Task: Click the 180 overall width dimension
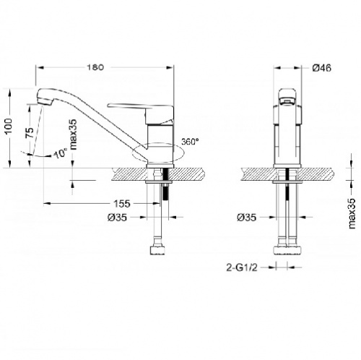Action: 95,67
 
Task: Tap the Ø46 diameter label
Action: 322,68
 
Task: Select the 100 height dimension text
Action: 9,127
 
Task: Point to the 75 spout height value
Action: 30,132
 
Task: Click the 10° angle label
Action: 61,153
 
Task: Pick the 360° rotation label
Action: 191,142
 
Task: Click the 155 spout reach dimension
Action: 122,204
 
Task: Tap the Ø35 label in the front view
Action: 247,218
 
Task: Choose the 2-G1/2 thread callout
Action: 242,267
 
